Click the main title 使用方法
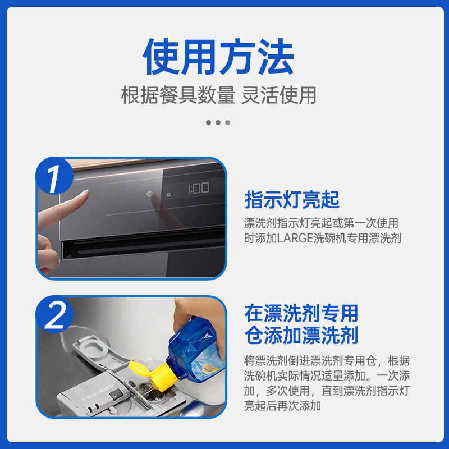(219, 58)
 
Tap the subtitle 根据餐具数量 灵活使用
(219, 95)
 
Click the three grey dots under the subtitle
(218, 122)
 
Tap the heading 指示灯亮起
(292, 199)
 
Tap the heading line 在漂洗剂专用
(301, 313)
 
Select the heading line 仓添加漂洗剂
(301, 336)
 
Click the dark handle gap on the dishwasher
(140, 244)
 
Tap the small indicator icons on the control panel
(158, 194)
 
